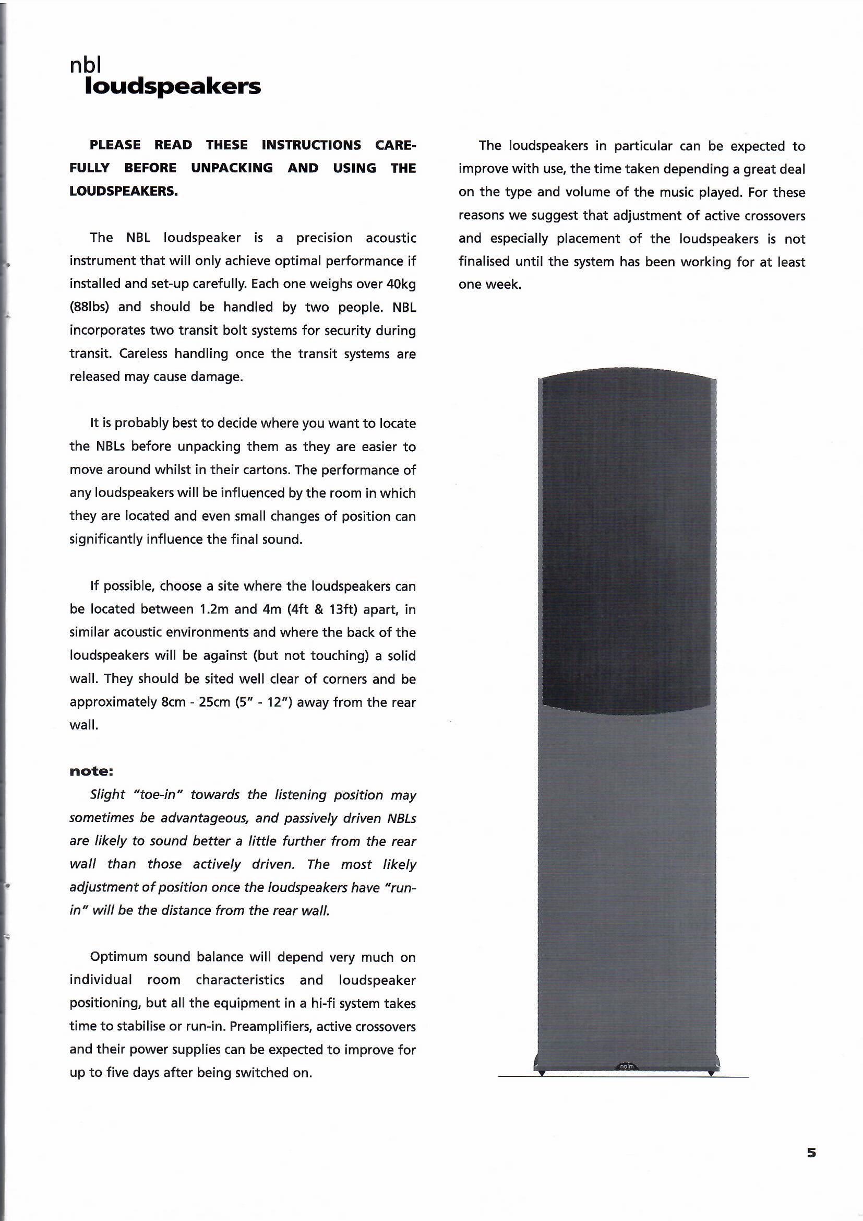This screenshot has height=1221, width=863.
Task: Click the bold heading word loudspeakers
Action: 173,87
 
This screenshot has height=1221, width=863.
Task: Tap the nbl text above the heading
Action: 85,65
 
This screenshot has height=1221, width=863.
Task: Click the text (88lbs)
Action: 88,308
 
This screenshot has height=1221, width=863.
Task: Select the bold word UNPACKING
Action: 232,168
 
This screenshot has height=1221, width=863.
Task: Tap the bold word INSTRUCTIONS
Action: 311,145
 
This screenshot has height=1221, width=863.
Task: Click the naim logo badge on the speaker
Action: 627,1066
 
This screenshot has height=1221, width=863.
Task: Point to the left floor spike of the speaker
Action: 542,1073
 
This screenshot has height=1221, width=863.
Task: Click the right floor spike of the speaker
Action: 711,1073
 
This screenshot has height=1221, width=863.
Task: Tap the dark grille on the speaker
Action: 627,537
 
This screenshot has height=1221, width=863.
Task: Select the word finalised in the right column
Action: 484,262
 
